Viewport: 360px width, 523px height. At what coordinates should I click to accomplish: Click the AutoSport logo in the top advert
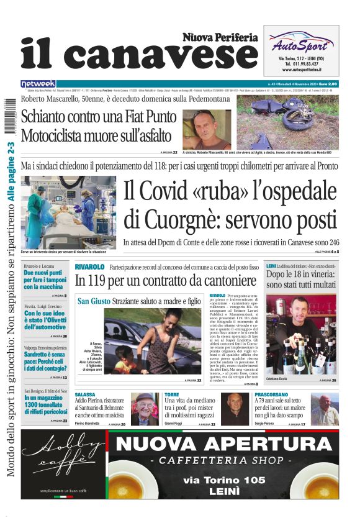pos(300,44)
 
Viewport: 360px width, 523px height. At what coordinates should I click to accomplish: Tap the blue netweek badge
pos(38,84)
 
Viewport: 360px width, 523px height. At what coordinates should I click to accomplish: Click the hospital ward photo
pos(69,212)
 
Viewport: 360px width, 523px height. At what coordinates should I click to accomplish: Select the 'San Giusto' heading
pos(94,301)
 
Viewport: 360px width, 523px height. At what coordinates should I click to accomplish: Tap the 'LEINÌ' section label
pos(271,266)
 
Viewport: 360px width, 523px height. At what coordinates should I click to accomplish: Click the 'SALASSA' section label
pos(85,394)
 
